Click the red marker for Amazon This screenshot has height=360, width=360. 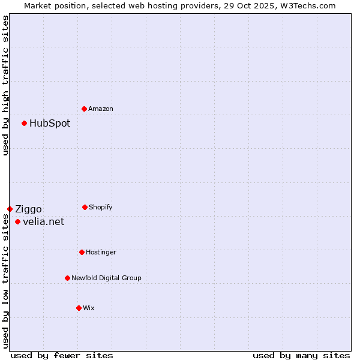(84, 109)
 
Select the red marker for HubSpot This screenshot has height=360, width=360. (24, 123)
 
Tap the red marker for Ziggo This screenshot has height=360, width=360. (10, 209)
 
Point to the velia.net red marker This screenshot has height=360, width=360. (17, 221)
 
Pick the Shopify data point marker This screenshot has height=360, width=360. (85, 207)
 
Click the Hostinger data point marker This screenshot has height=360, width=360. (82, 252)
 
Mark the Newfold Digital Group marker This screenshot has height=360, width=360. (67, 278)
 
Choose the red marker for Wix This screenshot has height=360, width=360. (79, 308)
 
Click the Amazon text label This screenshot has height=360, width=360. (101, 109)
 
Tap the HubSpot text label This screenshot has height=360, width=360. (50, 124)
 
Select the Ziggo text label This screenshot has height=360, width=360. (28, 209)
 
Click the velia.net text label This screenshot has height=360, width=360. (43, 222)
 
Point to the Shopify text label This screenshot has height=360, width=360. (101, 207)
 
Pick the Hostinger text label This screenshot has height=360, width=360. (101, 252)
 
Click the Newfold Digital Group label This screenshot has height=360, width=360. (106, 278)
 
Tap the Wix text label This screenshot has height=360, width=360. (89, 308)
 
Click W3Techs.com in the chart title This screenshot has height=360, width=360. (310, 5)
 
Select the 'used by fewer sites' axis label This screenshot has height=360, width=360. (62, 355)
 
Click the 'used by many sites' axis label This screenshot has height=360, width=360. (301, 355)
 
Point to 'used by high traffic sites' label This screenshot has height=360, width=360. (5, 85)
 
